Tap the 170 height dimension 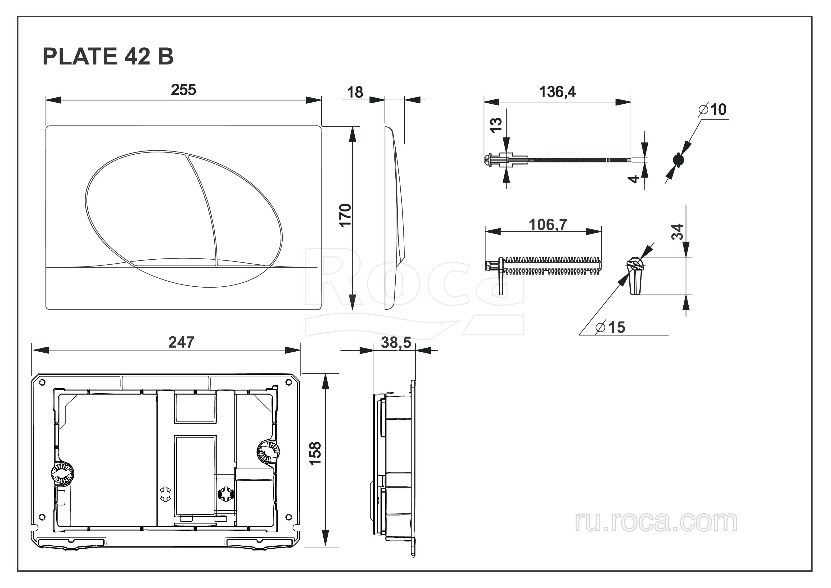click(345, 215)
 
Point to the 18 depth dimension click(355, 92)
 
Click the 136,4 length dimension click(557, 92)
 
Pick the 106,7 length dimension click(548, 225)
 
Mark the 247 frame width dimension click(181, 342)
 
